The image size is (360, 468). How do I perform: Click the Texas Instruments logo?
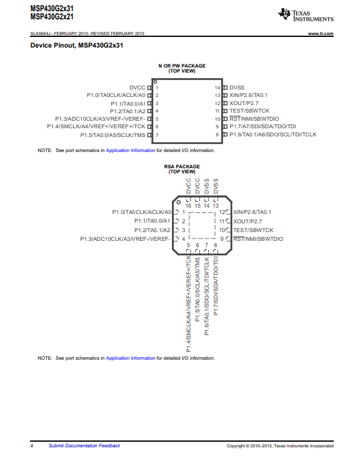tap(306, 15)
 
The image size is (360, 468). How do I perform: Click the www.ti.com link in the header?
tap(321, 33)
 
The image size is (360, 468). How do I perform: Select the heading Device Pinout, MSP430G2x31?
tap(77, 46)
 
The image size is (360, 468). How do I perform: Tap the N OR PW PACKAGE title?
tap(182, 66)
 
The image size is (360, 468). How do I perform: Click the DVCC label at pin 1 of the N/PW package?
tap(137, 88)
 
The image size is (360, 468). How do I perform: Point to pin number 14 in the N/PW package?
tap(217, 88)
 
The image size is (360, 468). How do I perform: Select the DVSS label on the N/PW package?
tap(237, 88)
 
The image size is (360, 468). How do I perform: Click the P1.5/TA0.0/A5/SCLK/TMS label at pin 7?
tap(112, 135)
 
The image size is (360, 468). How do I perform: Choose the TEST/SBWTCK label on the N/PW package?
tap(249, 111)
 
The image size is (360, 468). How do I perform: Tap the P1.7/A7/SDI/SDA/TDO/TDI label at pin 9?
tap(262, 126)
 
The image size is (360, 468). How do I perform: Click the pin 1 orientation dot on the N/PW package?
tap(155, 82)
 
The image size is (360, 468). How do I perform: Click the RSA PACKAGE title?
tap(182, 166)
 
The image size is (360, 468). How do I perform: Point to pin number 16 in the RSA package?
tap(188, 206)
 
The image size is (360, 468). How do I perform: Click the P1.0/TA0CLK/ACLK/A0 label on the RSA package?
tap(142, 212)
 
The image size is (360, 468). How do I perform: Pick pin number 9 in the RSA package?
tap(222, 239)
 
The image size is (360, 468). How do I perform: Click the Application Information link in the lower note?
tap(131, 358)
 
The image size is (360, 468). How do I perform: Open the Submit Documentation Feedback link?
tap(84, 445)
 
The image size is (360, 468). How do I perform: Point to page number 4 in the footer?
tap(32, 446)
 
